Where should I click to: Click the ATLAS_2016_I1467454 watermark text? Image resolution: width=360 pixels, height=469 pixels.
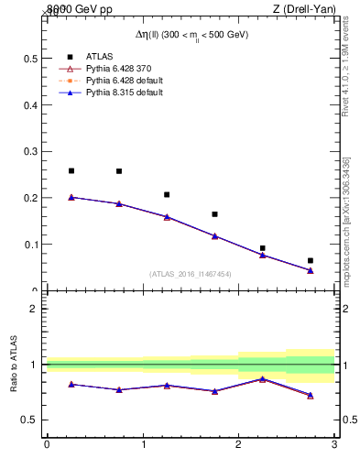tap(191, 274)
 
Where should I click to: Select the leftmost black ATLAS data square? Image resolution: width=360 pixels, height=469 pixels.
tap(71, 170)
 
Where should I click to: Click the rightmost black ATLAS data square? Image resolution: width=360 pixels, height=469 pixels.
tap(311, 261)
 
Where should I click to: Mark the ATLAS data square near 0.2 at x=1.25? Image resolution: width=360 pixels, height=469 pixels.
tap(167, 194)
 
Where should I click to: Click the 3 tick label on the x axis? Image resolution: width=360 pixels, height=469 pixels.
tap(334, 446)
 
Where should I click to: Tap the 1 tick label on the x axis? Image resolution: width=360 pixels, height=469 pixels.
tap(143, 446)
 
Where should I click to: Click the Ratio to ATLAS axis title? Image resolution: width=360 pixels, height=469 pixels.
tap(14, 365)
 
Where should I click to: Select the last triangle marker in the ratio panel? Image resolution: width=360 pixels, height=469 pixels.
tap(311, 395)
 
